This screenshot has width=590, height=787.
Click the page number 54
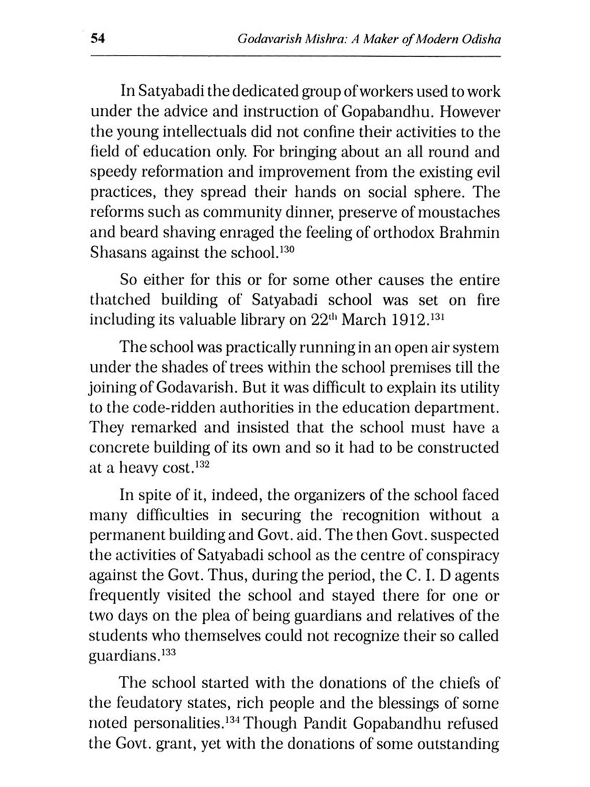point(98,39)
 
